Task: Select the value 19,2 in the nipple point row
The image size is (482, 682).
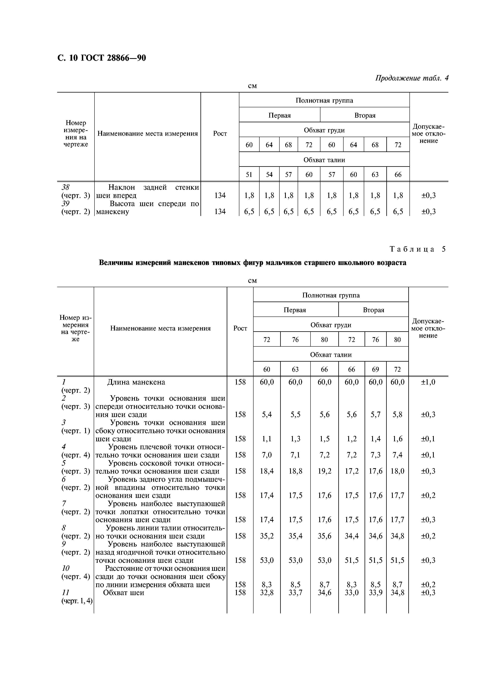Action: point(324,471)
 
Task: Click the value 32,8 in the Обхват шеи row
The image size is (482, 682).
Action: point(267,593)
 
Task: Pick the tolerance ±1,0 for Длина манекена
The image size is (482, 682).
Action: point(428,382)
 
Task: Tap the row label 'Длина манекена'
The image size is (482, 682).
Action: point(136,382)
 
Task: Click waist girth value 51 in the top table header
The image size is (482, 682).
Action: point(249,175)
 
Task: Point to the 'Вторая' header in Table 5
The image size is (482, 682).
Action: point(373,310)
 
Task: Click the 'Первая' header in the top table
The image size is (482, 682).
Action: point(279,115)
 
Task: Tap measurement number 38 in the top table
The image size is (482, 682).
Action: point(65,187)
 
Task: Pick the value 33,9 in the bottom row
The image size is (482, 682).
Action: point(375,593)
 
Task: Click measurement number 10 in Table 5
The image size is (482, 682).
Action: point(65,568)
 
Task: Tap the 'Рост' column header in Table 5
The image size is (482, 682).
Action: point(240,328)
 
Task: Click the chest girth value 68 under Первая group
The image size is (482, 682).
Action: point(288,145)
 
